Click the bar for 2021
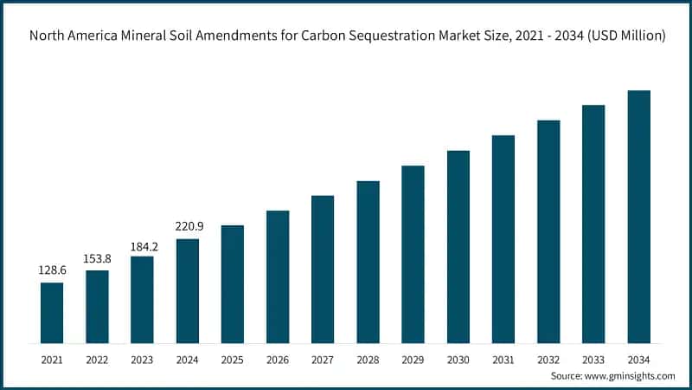click(52, 312)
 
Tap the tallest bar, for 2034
click(638, 216)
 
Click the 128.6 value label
click(52, 270)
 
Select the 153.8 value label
click(97, 258)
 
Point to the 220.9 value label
click(188, 227)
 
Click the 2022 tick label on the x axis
click(97, 358)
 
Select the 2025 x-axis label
click(233, 358)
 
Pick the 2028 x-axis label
click(368, 358)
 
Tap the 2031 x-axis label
click(503, 358)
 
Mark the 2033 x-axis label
click(593, 358)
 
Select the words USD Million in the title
click(620, 36)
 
